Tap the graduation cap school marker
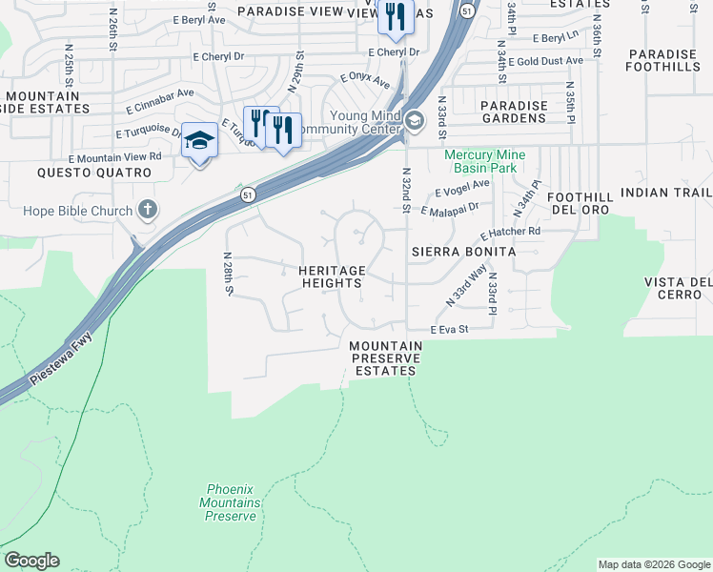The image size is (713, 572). point(199,142)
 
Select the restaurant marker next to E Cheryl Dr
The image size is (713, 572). point(395,16)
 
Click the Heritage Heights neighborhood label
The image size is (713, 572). point(331,276)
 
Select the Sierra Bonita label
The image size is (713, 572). point(463,252)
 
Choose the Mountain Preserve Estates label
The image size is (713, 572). point(386,358)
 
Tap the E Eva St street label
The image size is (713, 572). point(450,329)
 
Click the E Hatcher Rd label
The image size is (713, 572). point(510,232)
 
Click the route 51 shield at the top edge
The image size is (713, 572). point(466,10)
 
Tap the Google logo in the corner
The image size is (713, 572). point(31,561)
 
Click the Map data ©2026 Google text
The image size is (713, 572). point(653,564)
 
